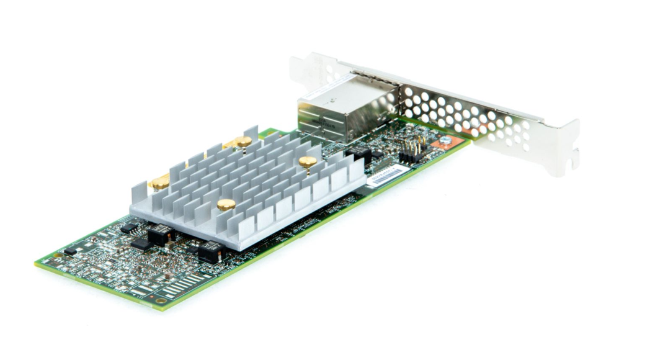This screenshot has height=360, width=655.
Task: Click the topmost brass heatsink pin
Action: point(243,142)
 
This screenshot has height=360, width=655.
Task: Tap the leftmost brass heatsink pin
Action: point(160,182)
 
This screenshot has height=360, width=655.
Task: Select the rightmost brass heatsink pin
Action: point(307,162)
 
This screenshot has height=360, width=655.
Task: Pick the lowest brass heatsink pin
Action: point(226,204)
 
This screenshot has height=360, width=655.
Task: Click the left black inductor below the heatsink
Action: point(159,235)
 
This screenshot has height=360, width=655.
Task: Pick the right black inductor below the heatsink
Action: point(210,251)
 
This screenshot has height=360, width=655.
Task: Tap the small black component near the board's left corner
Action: point(70,251)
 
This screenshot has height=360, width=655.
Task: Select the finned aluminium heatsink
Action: point(248,186)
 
